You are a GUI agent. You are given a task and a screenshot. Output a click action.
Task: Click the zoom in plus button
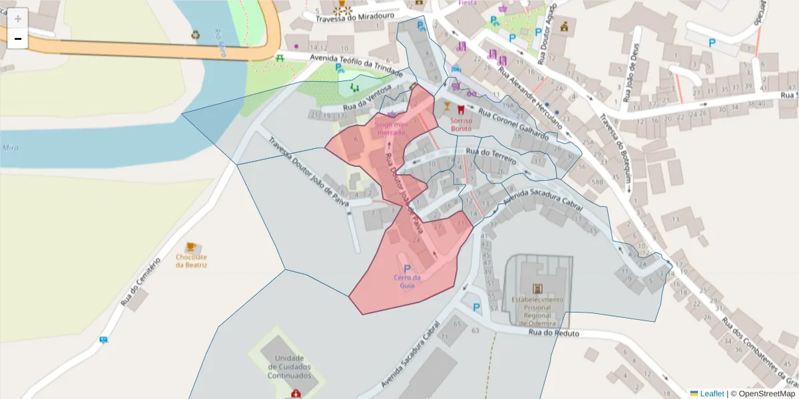click(x=18, y=18)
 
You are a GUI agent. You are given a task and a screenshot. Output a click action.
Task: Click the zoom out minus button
click(x=18, y=39)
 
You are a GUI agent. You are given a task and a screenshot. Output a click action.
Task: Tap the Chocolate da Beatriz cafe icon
click(x=191, y=247)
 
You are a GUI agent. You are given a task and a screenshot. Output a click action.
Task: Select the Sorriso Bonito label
click(x=461, y=124)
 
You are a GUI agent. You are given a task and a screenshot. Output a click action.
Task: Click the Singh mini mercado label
click(x=391, y=128)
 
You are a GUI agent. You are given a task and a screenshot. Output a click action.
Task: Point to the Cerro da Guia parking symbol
click(x=407, y=268)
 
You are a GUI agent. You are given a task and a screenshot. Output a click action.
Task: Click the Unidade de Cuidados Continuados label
click(x=290, y=366)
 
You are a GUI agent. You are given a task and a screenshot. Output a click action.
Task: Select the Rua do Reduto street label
click(x=554, y=333)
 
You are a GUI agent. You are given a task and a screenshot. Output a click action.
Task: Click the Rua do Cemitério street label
click(x=141, y=282)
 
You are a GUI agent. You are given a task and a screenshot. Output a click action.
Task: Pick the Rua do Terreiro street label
click(x=491, y=153)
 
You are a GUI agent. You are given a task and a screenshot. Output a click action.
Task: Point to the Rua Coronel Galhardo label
click(x=513, y=124)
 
